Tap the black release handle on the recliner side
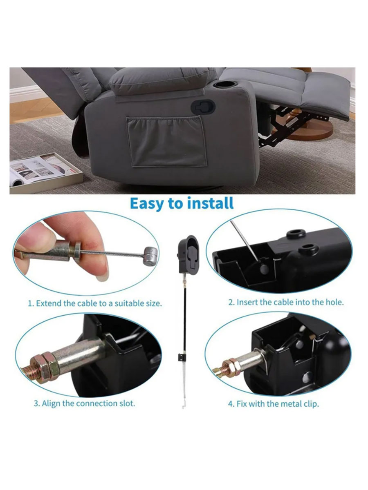(203, 107)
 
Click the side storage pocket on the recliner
(166, 141)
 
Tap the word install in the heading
(210, 203)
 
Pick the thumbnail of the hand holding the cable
(86, 253)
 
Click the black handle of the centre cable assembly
(188, 254)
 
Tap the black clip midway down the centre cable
(182, 357)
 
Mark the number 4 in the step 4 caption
(230, 404)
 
